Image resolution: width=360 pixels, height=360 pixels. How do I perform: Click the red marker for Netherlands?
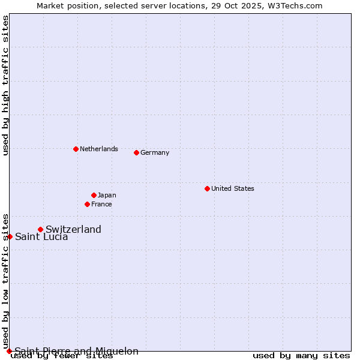[x=76, y=149]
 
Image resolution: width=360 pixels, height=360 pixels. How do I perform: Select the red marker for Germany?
[x=136, y=152]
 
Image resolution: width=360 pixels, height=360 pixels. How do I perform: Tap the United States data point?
[x=207, y=188]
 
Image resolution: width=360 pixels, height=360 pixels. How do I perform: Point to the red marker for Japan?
[x=94, y=195]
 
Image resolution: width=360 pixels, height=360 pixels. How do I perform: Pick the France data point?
[x=87, y=204]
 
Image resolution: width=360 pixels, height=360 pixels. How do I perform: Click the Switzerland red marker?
[x=40, y=229]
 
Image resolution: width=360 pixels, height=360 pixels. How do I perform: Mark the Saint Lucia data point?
[x=10, y=236]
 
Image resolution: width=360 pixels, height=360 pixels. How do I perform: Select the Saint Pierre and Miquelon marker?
[x=9, y=351]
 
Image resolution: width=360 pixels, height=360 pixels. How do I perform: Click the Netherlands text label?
[x=99, y=149]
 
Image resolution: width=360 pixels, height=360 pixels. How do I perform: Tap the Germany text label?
[x=155, y=152]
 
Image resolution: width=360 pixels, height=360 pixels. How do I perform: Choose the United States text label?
[x=233, y=188]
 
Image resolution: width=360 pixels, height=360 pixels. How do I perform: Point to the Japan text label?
[x=107, y=195]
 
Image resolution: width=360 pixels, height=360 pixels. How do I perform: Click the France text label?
[x=101, y=204]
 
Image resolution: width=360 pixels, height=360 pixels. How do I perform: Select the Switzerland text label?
[x=73, y=229]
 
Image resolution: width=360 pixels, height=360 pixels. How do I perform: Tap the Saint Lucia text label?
[x=41, y=236]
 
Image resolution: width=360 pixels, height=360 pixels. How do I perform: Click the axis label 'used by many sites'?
[x=301, y=356]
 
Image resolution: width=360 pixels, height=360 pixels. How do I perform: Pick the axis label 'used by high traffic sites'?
[x=5, y=85]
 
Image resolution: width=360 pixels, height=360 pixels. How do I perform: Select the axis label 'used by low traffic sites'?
[x=5, y=281]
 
